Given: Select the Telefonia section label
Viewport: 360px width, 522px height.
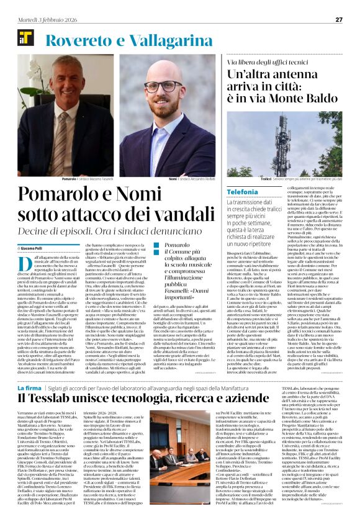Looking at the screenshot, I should tap(242, 192).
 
